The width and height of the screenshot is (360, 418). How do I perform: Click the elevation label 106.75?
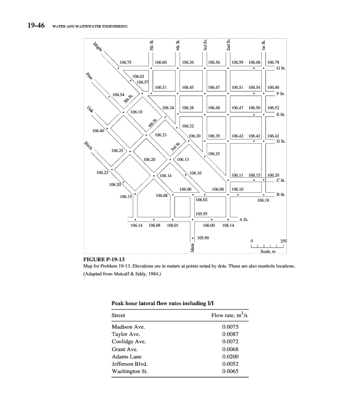tap(126, 62)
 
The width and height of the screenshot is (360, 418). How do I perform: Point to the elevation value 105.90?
tap(203, 238)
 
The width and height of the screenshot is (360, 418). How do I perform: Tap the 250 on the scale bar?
tap(284, 240)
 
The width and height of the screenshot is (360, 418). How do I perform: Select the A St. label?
tap(243, 218)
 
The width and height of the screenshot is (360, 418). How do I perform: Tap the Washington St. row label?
tap(130, 371)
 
